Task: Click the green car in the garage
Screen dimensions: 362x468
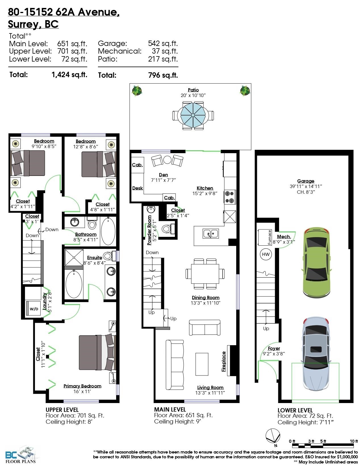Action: pos(317,263)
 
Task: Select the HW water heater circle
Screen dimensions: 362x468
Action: pos(266,254)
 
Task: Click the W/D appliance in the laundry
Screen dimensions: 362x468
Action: pos(34,309)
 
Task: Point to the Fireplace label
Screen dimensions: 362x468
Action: pos(223,362)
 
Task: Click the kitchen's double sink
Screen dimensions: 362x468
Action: pos(211,233)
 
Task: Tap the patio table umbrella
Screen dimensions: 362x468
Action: pos(193,115)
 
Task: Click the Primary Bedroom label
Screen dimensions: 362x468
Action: pos(82,386)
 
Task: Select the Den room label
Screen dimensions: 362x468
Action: pos(164,175)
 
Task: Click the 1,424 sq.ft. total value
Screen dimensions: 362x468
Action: pos(70,75)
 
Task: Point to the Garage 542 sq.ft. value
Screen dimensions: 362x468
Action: pos(163,43)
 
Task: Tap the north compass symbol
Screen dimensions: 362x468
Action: pos(273,436)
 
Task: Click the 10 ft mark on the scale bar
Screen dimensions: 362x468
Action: pos(353,441)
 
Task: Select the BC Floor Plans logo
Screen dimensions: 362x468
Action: pos(20,455)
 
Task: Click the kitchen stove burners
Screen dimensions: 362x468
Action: pos(230,197)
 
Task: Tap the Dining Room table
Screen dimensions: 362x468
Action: pos(205,274)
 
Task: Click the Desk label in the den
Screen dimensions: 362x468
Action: pos(137,188)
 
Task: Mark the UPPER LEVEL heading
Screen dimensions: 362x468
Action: pos(62,410)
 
